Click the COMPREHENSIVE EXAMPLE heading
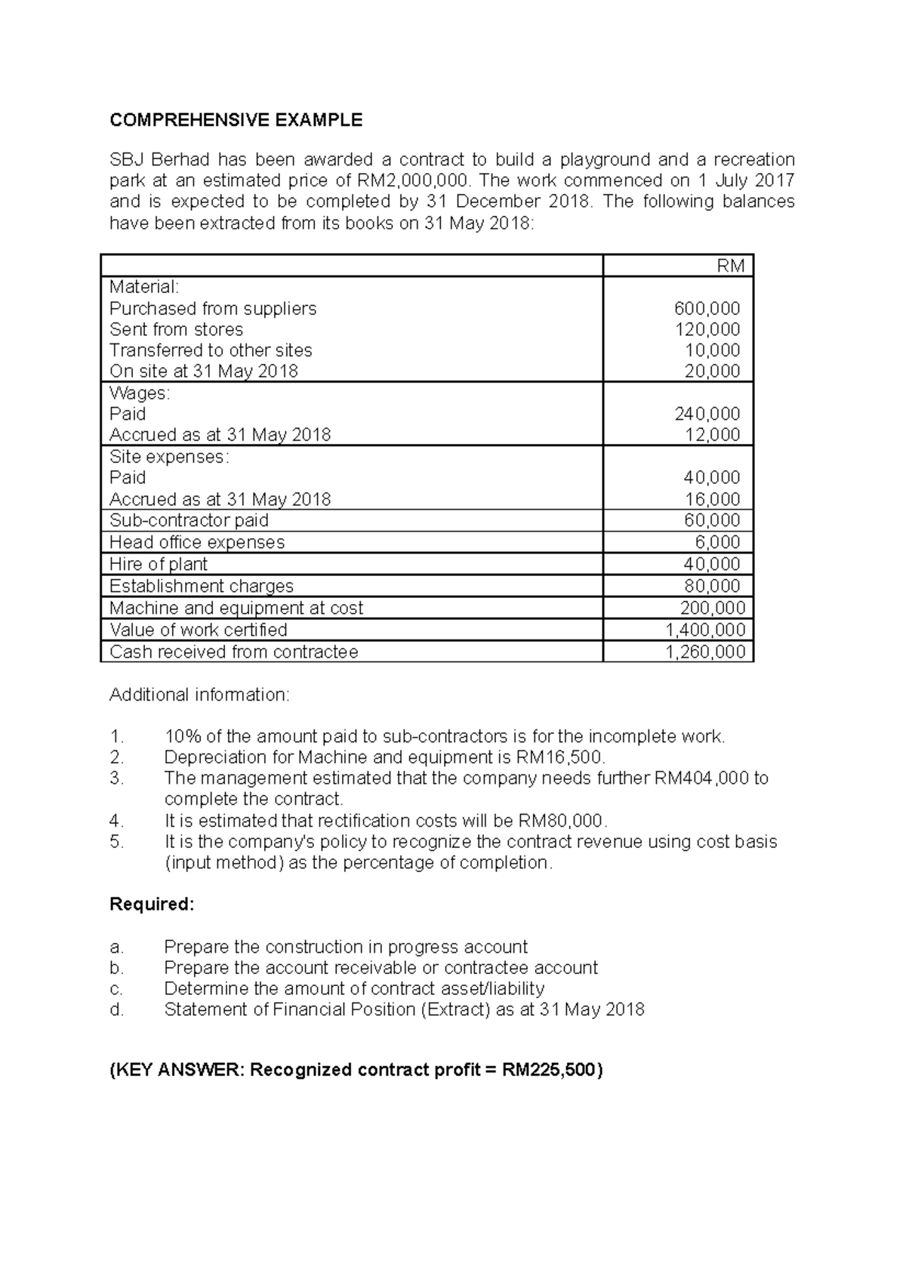(x=236, y=120)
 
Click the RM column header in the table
(x=730, y=266)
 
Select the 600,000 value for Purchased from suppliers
(x=707, y=308)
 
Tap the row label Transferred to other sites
(x=211, y=350)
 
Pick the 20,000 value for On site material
(x=712, y=371)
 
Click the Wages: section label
(x=140, y=393)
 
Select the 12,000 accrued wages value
(x=712, y=435)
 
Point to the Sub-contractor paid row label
(x=189, y=520)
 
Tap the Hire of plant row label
(x=158, y=564)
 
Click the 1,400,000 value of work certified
(x=704, y=630)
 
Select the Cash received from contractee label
(x=233, y=652)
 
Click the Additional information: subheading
(x=199, y=695)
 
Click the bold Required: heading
(x=152, y=904)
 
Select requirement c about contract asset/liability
(x=353, y=989)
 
